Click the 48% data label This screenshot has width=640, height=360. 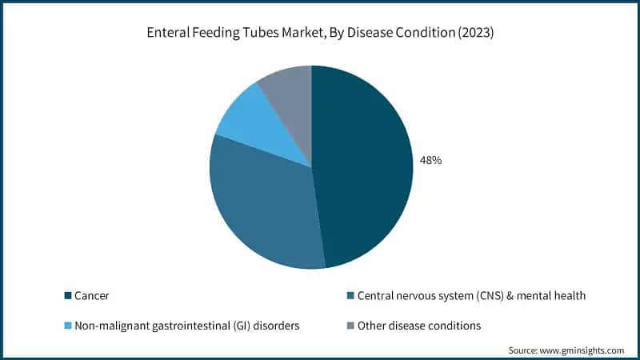pyautogui.click(x=430, y=160)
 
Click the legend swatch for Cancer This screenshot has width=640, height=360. pyautogui.click(x=68, y=296)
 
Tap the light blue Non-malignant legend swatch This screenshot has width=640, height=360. pyautogui.click(x=68, y=326)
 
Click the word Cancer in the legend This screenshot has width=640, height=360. pyautogui.click(x=92, y=296)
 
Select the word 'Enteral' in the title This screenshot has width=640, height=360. pyautogui.click(x=166, y=33)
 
